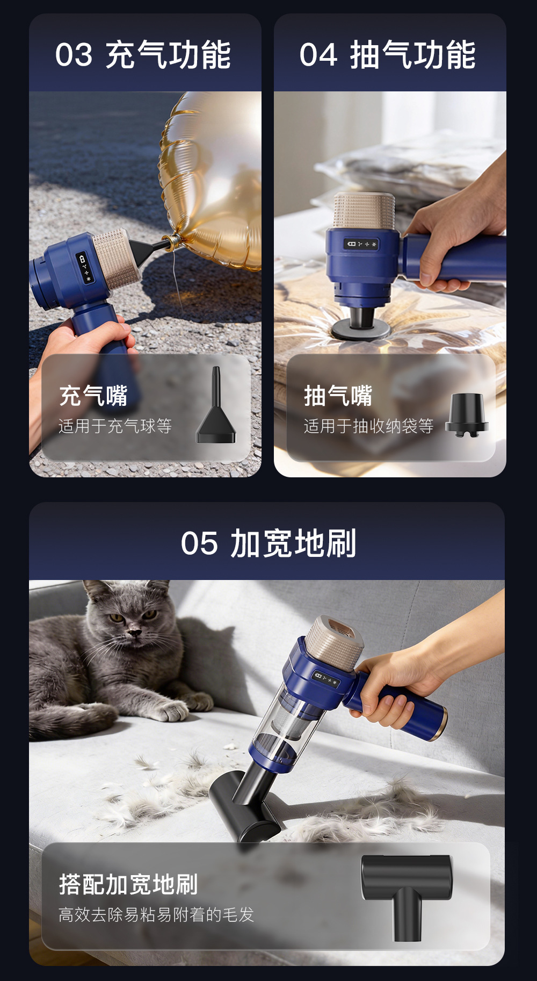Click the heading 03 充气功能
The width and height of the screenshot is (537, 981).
pos(143,55)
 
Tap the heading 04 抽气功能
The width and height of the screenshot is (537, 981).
pos(387,55)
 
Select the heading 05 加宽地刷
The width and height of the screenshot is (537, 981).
pos(268,543)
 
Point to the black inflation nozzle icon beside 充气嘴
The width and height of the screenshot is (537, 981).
pos(216,406)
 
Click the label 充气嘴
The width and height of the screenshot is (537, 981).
pos(93,396)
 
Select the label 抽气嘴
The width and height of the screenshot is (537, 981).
pos(338,396)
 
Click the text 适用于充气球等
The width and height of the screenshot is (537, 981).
pos(115,426)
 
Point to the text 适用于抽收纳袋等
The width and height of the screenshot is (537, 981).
pos(369,426)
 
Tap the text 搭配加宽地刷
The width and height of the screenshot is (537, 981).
pos(128,884)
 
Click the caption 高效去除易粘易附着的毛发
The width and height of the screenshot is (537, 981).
pos(156,914)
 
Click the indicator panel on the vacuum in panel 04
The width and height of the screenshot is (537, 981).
pos(361,244)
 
